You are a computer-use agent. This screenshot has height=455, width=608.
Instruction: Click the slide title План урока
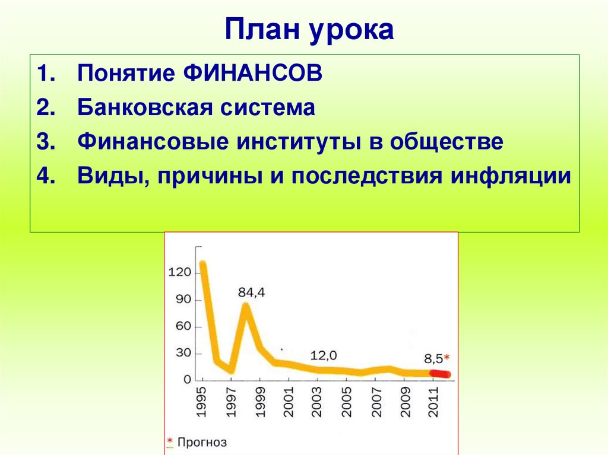pos(309,30)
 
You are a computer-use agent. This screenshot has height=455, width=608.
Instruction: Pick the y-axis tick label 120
pos(179,273)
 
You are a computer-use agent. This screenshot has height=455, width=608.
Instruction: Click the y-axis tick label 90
pos(183,300)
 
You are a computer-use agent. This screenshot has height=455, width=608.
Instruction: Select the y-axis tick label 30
pos(183,353)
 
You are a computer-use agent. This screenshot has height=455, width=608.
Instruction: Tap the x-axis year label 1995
pos(202,403)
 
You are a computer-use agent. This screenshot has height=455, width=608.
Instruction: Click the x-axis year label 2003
pos(316,403)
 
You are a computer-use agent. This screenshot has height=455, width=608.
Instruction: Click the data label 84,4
pos(251,292)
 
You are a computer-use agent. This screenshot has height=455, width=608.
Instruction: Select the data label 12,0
pos(324,355)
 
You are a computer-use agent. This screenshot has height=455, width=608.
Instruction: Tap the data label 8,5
pos(433,358)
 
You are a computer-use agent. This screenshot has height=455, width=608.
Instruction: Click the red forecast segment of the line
pos(440,374)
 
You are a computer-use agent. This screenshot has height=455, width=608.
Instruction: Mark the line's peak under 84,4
pos(245,306)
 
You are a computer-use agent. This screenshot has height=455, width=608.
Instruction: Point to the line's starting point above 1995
pos(202,264)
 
